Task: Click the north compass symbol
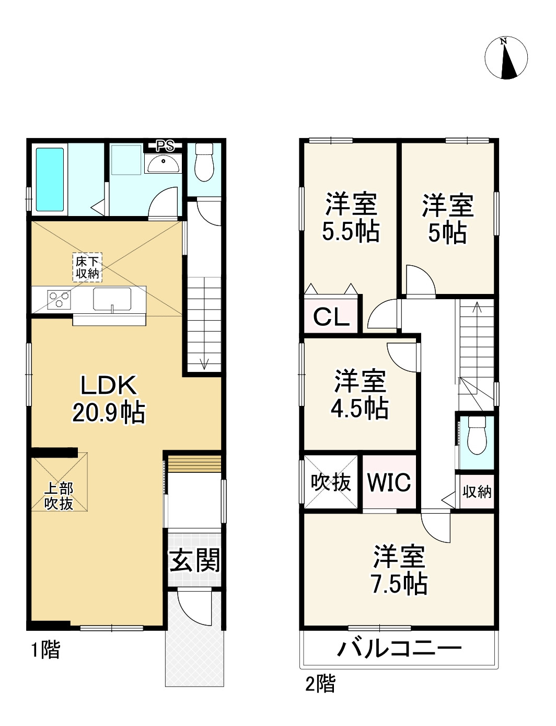pyautogui.click(x=506, y=58)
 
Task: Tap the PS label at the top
pyautogui.click(x=166, y=146)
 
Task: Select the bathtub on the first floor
pyautogui.click(x=50, y=178)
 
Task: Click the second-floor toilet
pyautogui.click(x=476, y=436)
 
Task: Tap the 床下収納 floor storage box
pyautogui.click(x=87, y=267)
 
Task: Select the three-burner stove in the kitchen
pyautogui.click(x=59, y=300)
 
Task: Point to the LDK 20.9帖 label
pyautogui.click(x=109, y=399)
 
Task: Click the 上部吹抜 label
pyautogui.click(x=59, y=496)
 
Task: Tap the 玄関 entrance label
pyautogui.click(x=194, y=560)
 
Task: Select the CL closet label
pyautogui.click(x=331, y=316)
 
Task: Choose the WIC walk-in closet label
pyautogui.click(x=389, y=482)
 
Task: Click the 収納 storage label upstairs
pyautogui.click(x=477, y=492)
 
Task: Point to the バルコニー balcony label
pyautogui.click(x=399, y=649)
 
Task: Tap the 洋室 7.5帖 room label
pyautogui.click(x=399, y=570)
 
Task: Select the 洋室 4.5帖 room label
pyautogui.click(x=360, y=394)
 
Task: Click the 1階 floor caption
pyautogui.click(x=45, y=650)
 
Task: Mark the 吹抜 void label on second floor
pyautogui.click(x=331, y=482)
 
